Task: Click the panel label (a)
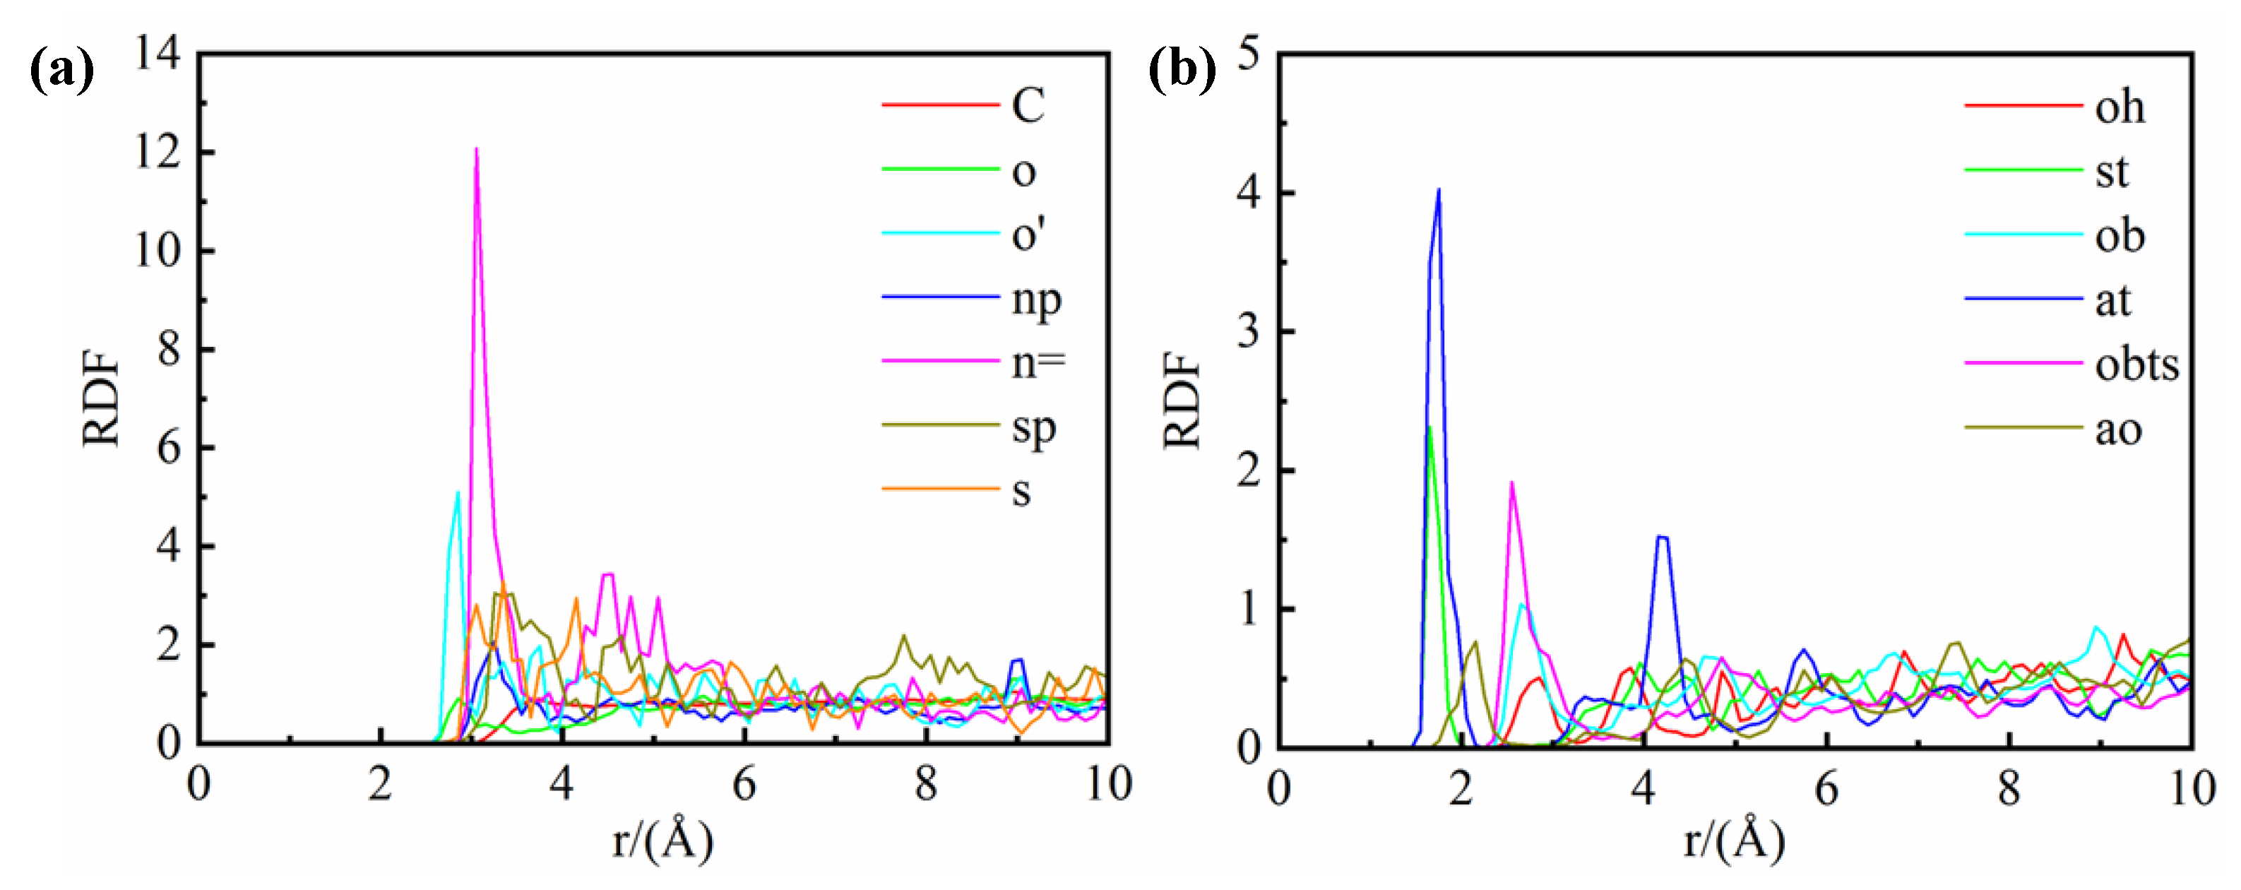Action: pyautogui.click(x=61, y=71)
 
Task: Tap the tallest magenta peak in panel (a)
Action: pyautogui.click(x=476, y=150)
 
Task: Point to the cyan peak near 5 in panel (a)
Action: pyautogui.click(x=458, y=493)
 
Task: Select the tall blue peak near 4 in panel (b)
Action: pyautogui.click(x=1438, y=190)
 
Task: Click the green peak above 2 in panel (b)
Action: pyautogui.click(x=1429, y=428)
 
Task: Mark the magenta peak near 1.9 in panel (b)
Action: pyautogui.click(x=1512, y=483)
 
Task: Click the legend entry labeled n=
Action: pyautogui.click(x=1037, y=362)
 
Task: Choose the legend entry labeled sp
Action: pyautogui.click(x=1033, y=427)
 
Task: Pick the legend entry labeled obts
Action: pyautogui.click(x=2136, y=364)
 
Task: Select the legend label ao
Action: pyautogui.click(x=2117, y=429)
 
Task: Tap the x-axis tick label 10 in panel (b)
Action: pyautogui.click(x=2192, y=789)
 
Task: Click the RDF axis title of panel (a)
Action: pyautogui.click(x=101, y=399)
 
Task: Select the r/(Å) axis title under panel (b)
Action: pyautogui.click(x=1735, y=841)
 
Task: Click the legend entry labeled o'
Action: pyautogui.click(x=1028, y=234)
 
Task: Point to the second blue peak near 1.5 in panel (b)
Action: pyautogui.click(x=1662, y=537)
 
